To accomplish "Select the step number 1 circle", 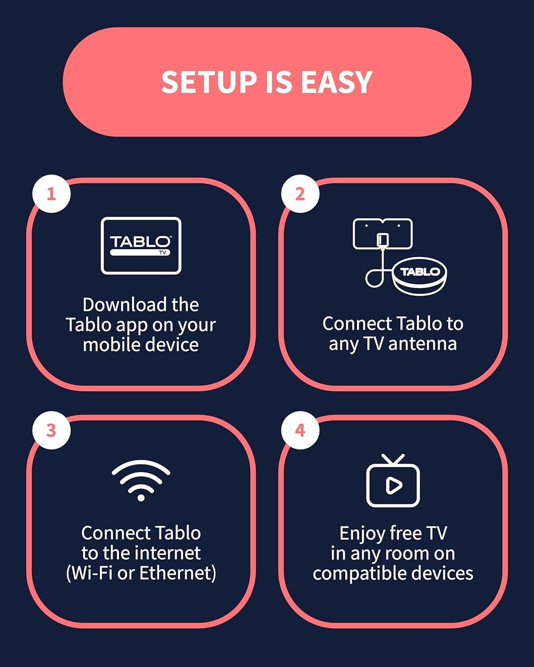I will [x=51, y=194].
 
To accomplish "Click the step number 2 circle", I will [x=300, y=194].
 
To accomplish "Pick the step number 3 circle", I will [x=51, y=430].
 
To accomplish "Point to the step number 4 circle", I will [x=300, y=430].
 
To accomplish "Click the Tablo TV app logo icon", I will [x=141, y=245].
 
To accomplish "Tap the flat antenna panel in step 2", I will [x=383, y=233].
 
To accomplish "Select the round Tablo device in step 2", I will [x=420, y=276].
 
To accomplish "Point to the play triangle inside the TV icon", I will [x=394, y=485].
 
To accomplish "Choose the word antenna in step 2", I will [x=422, y=344].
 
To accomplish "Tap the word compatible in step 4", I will [x=356, y=574].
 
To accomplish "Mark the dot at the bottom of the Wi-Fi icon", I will [x=141, y=498].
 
